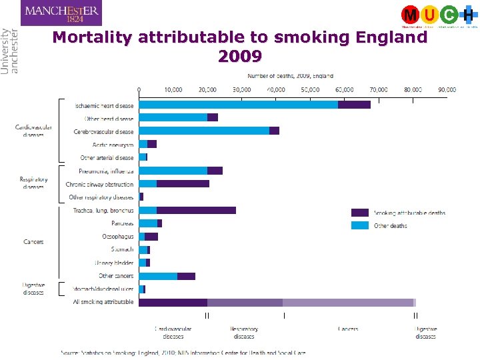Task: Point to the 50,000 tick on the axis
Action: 310,89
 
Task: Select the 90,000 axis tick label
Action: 447,89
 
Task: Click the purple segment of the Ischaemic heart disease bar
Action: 354,105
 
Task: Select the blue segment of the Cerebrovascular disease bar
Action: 204,131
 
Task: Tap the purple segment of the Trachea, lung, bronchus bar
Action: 196,210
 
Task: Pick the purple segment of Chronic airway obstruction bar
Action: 183,184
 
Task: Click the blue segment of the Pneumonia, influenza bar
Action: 173,171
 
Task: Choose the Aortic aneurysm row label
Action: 113,145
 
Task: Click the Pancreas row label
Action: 122,223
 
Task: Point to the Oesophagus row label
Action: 117,236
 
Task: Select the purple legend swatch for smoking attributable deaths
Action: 360,213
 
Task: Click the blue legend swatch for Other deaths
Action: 360,225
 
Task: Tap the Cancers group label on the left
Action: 33,242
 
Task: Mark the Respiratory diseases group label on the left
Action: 33,183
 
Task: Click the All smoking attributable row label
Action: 103,302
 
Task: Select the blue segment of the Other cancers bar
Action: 158,276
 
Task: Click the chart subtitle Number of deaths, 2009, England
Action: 291,76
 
